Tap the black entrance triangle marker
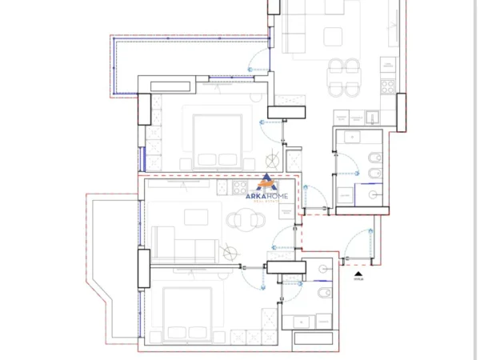(358, 271)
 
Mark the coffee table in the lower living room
(196, 218)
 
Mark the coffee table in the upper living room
(330, 36)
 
